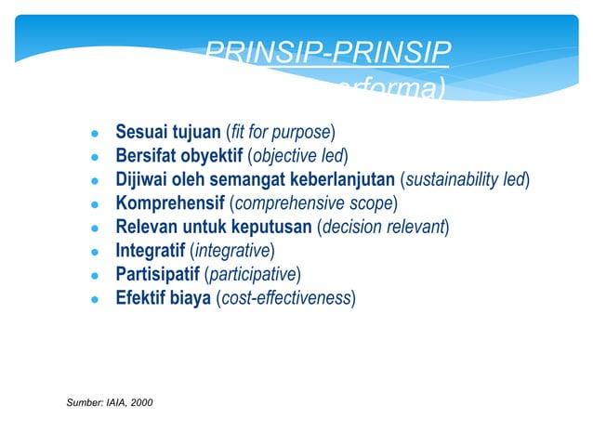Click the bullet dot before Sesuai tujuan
point(94,130)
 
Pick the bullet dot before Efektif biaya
point(94,299)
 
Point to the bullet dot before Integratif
point(94,251)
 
